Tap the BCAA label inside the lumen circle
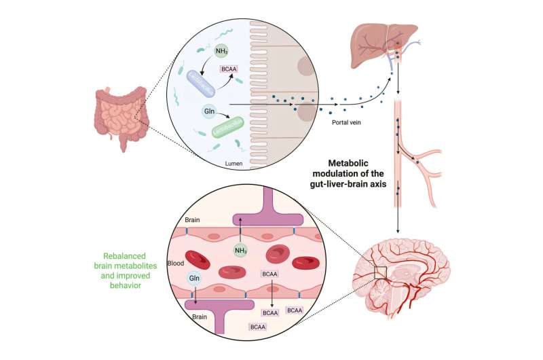coord(227,68)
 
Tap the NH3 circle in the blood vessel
coord(240,251)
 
